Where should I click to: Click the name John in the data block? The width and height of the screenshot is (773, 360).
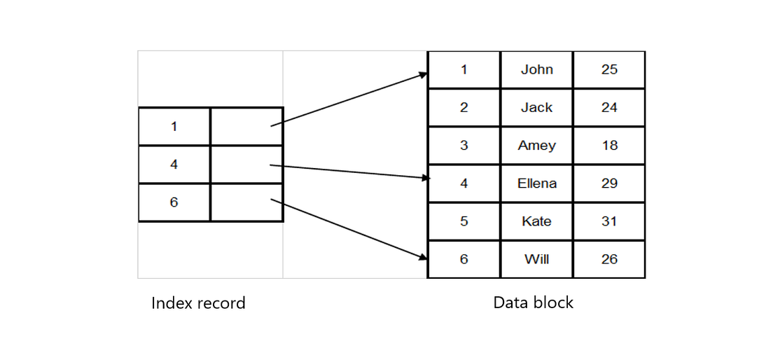coord(536,69)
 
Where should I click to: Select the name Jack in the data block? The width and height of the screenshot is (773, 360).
coord(536,107)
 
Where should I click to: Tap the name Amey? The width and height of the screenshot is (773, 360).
coord(536,145)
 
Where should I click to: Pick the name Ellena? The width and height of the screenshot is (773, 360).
coord(536,183)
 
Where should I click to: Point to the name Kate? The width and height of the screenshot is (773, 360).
coord(536,221)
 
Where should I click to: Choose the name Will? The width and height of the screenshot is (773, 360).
coord(536,259)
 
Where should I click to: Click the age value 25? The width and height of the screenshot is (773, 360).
coord(609,69)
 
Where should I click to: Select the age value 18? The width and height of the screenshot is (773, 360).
coord(609,145)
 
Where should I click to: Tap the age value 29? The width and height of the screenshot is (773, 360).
coord(609,183)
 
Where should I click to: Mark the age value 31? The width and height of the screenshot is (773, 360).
coord(609,221)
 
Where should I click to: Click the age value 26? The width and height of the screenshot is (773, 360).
coord(609,259)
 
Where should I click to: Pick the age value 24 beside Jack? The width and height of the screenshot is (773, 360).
coord(609,107)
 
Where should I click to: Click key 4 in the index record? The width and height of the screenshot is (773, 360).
coord(174,165)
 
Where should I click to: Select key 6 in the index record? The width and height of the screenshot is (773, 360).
coord(174,202)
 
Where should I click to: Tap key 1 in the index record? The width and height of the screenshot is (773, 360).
coord(174,127)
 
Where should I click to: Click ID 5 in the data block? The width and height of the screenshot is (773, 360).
coord(464,221)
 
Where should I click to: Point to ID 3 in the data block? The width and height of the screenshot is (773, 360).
coord(464,145)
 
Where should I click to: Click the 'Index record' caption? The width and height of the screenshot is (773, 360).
coord(198,303)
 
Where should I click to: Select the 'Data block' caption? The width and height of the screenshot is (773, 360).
coord(533,303)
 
